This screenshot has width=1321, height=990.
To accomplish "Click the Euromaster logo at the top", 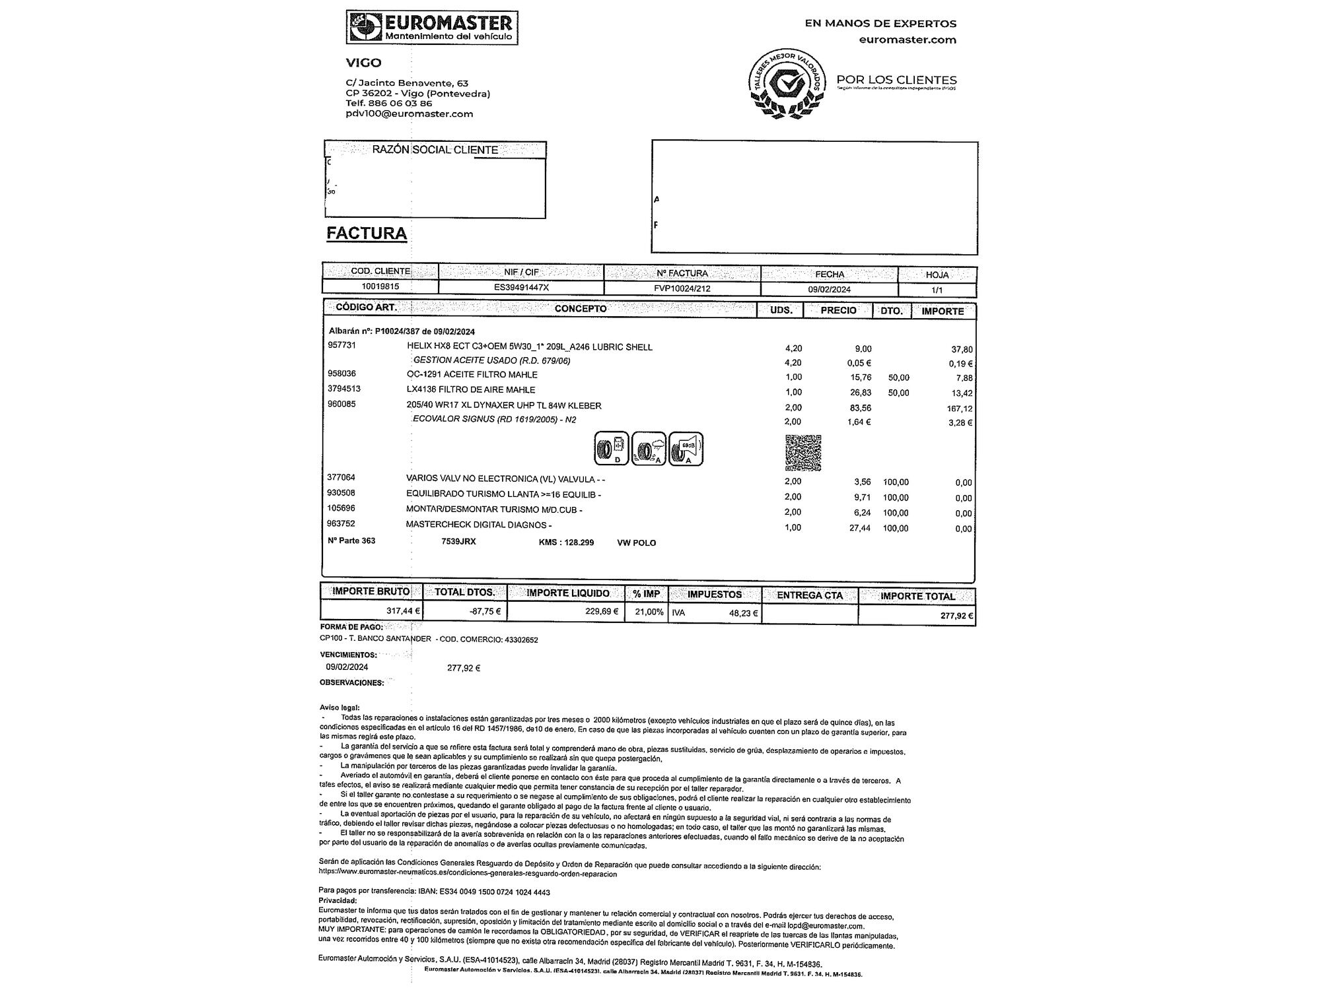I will coord(432,28).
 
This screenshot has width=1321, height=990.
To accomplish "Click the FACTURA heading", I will coord(367,234).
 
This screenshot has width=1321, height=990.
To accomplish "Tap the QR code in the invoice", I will coord(803,453).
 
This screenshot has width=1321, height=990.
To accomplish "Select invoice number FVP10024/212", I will coord(682,289).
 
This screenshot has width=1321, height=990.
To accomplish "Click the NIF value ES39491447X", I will coord(521,288).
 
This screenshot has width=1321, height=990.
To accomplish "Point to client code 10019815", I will coord(380,287).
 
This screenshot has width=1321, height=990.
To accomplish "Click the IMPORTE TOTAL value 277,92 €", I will coord(956,616).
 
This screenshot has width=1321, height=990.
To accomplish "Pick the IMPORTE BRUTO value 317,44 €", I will coord(403,611).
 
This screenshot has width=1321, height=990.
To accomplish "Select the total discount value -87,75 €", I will coord(485,612).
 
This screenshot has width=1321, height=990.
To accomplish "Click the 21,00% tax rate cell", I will coord(649,612).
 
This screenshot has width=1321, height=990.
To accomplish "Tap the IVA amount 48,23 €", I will coord(743,613).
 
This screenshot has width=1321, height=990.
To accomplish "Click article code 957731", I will coord(341,345).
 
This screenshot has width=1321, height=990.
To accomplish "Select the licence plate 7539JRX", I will coord(458,542).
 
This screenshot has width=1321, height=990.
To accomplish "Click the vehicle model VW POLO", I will coord(636,543).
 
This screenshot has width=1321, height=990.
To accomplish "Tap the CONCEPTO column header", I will coord(580,309).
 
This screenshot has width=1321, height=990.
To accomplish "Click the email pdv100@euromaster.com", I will coord(410,114).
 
